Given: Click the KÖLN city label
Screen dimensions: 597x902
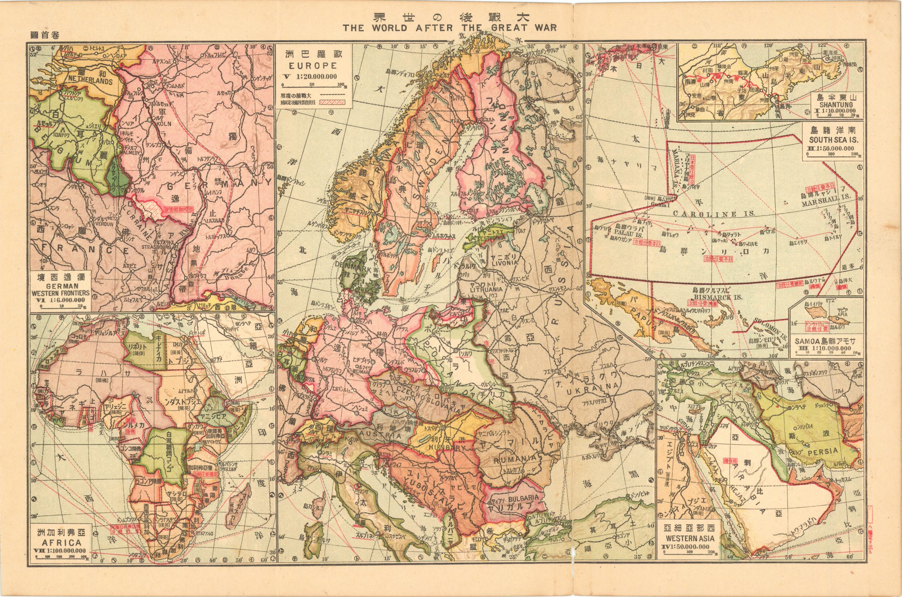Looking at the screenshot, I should [158, 124].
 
